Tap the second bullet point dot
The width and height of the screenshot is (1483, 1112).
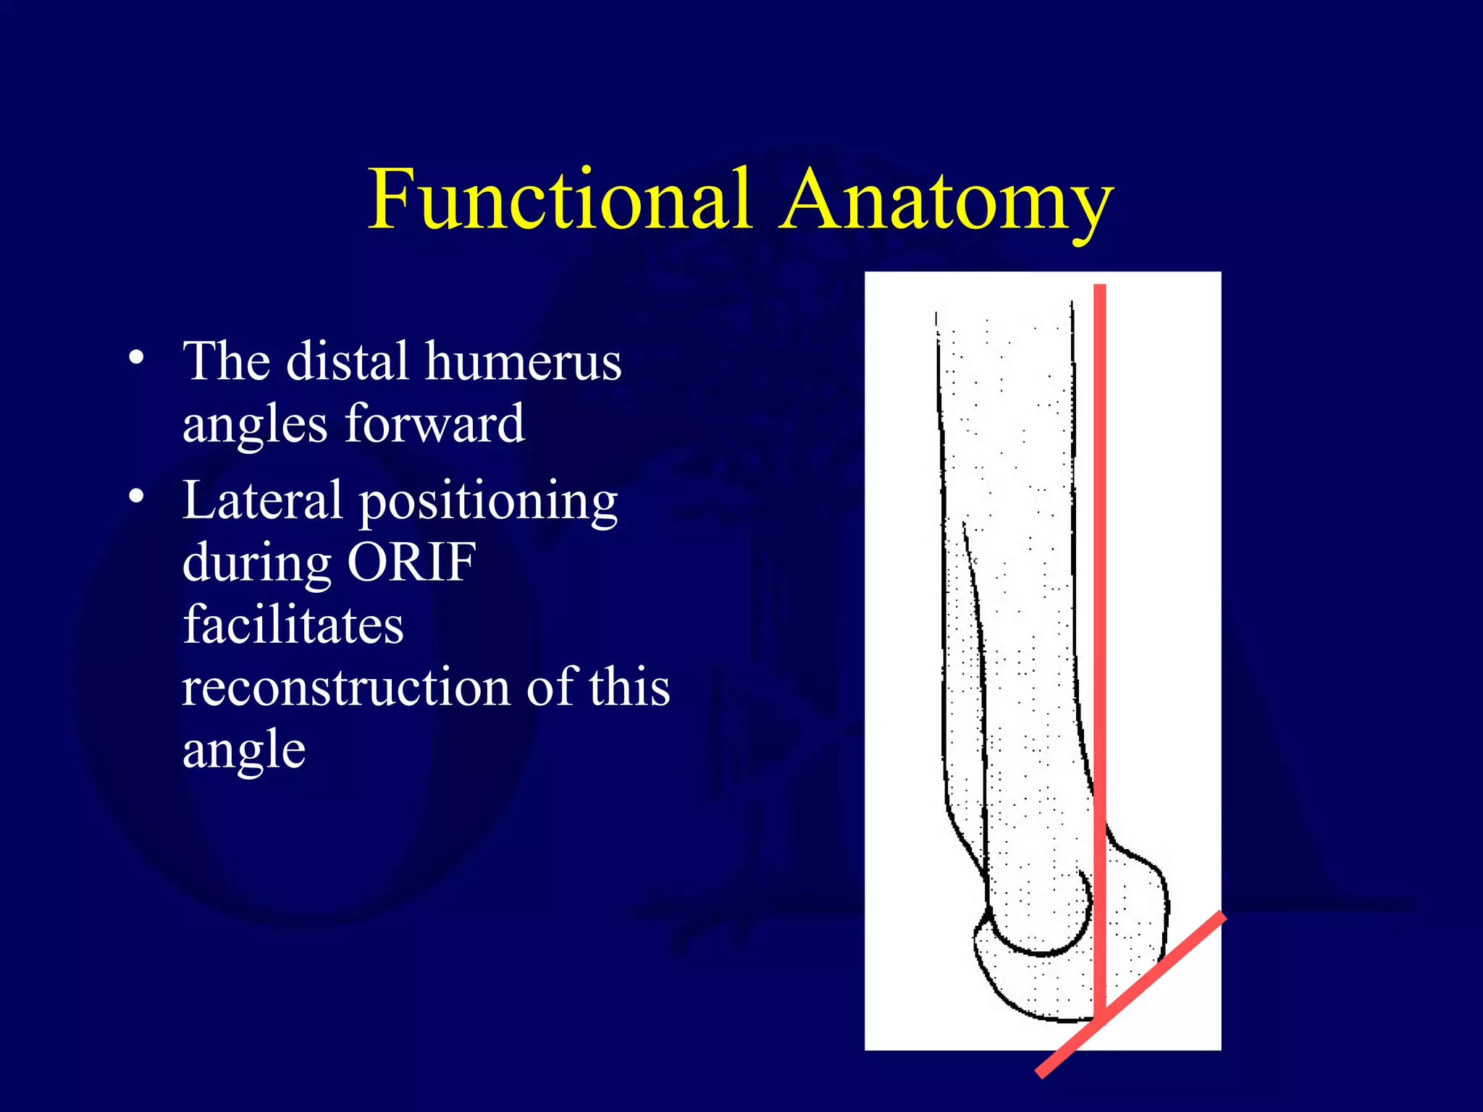pos(136,497)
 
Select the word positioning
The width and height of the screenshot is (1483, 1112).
pos(489,502)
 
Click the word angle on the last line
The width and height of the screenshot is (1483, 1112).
pos(244,751)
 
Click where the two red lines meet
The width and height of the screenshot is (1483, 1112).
pos(1099,1017)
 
